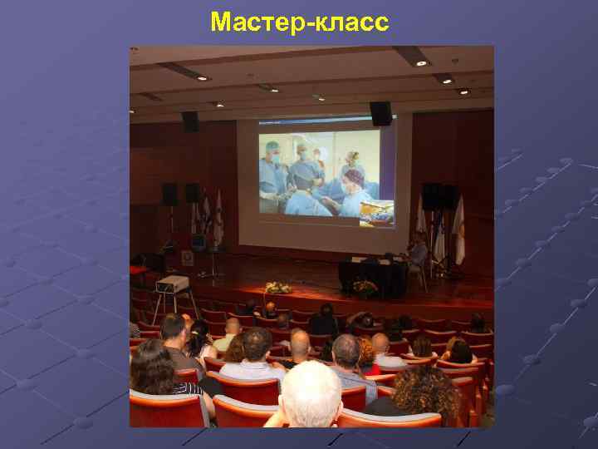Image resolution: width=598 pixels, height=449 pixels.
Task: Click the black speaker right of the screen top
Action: [x=380, y=113]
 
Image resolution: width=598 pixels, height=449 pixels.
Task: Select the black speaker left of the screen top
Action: [x=190, y=121]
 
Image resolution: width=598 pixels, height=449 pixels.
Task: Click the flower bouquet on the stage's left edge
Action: [x=277, y=288]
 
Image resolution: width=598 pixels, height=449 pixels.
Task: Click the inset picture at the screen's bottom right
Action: [x=376, y=212]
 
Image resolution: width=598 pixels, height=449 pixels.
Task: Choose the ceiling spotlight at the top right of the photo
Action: [x=421, y=62]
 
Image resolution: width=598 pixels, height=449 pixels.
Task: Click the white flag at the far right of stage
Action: [x=458, y=229]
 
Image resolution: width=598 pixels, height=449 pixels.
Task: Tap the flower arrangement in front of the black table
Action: [x=364, y=288]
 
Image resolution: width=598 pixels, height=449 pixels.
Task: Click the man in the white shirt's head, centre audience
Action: [x=257, y=343]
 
